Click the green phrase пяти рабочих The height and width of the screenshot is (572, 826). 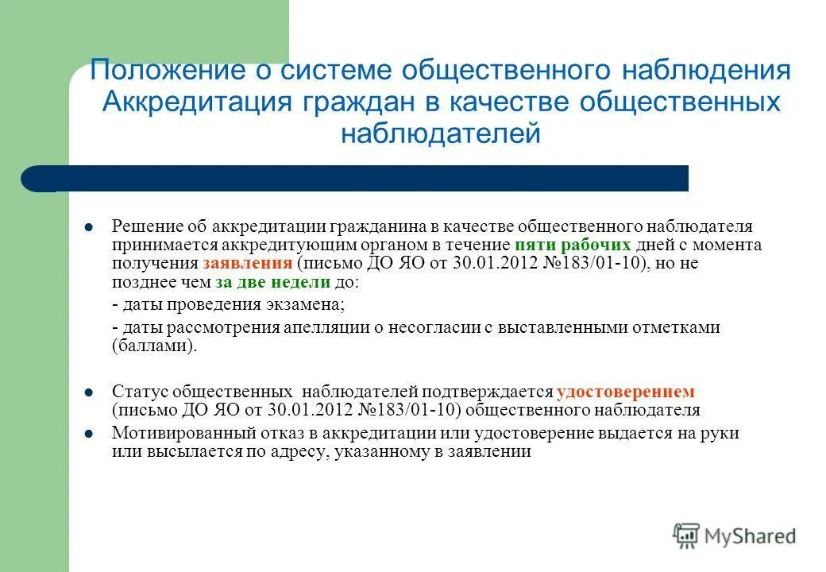(x=573, y=245)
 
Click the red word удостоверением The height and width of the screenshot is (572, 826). (x=626, y=392)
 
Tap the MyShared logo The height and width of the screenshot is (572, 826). (x=734, y=535)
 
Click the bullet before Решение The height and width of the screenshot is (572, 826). (x=88, y=227)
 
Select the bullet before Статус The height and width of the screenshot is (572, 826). (x=88, y=392)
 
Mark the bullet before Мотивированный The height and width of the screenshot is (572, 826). (x=88, y=433)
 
